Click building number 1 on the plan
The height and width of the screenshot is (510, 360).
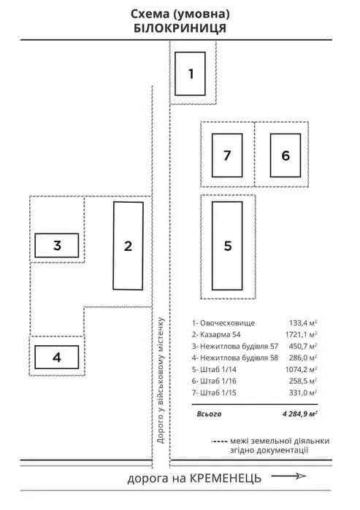coord(190,74)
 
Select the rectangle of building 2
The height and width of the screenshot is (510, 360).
coord(129,246)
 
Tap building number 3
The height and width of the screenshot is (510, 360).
coord(57,245)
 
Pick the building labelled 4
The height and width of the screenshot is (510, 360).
coord(57,357)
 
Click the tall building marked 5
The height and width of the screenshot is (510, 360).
coord(227,246)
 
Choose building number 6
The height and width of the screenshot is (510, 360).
coord(286,155)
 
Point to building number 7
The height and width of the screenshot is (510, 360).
coord(227,155)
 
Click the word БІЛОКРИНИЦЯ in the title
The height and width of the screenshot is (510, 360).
coord(180,28)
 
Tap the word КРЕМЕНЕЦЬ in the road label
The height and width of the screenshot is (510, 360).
coord(225,478)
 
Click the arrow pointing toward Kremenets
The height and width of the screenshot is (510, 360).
coord(289,476)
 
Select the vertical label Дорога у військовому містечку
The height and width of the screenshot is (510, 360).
coord(161,380)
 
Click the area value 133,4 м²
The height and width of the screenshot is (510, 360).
coord(303,323)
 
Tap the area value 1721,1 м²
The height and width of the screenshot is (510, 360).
coord(302,334)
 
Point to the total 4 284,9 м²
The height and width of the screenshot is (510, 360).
coord(300,414)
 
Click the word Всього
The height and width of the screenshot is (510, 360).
coord(209,414)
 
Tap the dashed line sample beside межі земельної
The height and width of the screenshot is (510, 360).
coord(219,441)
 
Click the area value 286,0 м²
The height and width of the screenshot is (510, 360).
coord(303,358)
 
